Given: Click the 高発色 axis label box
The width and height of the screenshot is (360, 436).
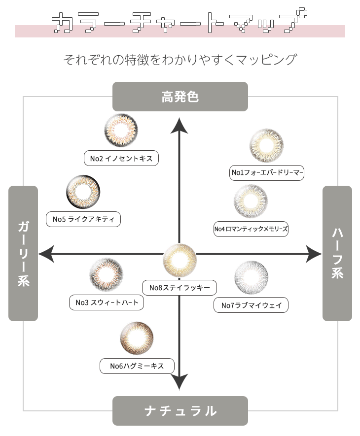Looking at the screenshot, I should [180, 97].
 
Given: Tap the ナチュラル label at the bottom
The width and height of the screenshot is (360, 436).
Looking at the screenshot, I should [180, 410].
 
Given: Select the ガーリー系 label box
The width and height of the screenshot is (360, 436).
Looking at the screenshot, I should [23, 253].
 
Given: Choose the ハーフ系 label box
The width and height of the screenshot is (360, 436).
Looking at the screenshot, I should [337, 253].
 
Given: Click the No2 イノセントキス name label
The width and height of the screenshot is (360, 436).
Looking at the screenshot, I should [121, 158].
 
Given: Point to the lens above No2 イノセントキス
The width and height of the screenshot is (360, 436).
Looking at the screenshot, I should [121, 130].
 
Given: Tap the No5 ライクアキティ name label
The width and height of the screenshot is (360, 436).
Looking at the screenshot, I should [83, 219].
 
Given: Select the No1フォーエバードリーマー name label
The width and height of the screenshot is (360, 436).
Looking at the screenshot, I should [267, 172].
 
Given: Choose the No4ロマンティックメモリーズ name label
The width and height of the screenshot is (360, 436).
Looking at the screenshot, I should [251, 229].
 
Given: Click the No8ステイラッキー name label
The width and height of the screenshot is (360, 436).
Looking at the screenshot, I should [180, 287].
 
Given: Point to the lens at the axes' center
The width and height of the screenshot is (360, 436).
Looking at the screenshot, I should [180, 260].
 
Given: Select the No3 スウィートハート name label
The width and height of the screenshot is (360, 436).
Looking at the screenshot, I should [107, 302].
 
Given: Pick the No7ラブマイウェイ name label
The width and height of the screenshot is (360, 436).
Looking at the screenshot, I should [251, 305].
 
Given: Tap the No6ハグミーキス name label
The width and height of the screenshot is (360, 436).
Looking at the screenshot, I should [138, 366].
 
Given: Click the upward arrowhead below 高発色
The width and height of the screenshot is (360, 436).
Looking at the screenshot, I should [180, 126].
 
